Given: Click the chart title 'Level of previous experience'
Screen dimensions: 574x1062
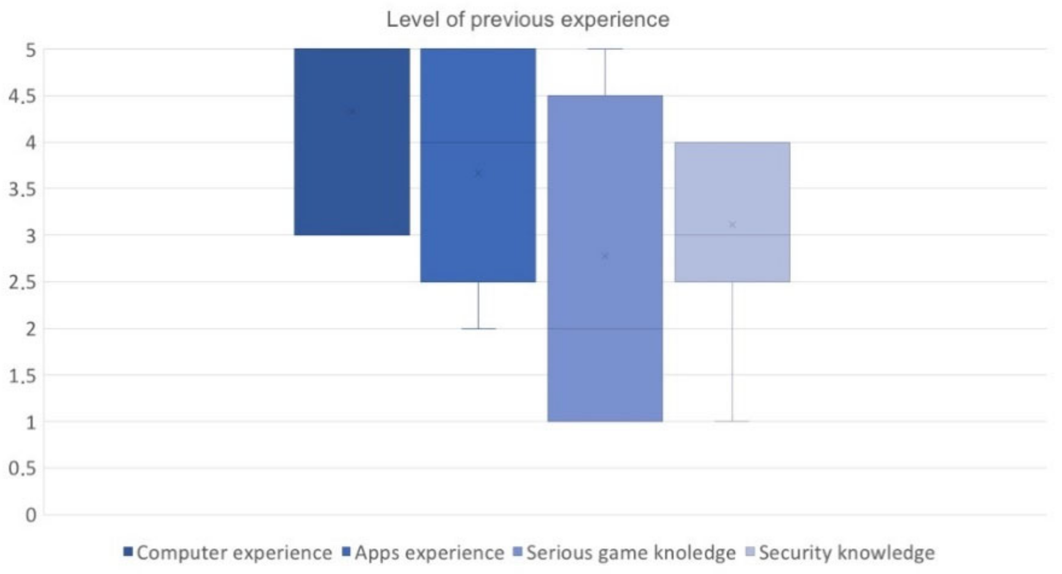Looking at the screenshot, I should [x=528, y=20].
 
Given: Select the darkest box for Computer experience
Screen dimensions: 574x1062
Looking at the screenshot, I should [x=352, y=181].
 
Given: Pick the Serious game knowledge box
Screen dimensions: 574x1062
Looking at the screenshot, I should [x=605, y=333].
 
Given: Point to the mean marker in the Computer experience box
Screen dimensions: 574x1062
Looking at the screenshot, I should [x=352, y=112].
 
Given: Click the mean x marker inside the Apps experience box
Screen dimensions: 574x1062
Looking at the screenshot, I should [x=478, y=173].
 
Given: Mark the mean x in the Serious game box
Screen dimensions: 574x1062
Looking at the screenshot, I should [x=605, y=257].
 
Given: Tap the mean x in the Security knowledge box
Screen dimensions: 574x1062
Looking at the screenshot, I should [x=732, y=224].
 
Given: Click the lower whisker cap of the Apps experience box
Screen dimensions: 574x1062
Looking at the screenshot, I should [x=478, y=328].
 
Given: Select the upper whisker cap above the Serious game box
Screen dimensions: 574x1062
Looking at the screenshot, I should [x=605, y=48].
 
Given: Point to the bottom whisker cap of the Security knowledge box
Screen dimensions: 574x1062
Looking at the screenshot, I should [x=732, y=421].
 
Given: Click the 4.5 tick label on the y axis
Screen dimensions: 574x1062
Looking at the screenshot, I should [x=22, y=96].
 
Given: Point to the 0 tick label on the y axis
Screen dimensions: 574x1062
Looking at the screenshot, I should [x=30, y=515].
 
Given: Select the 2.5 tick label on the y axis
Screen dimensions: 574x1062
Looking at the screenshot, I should [x=22, y=282].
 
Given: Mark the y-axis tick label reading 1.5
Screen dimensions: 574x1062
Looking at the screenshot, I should [x=22, y=375].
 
